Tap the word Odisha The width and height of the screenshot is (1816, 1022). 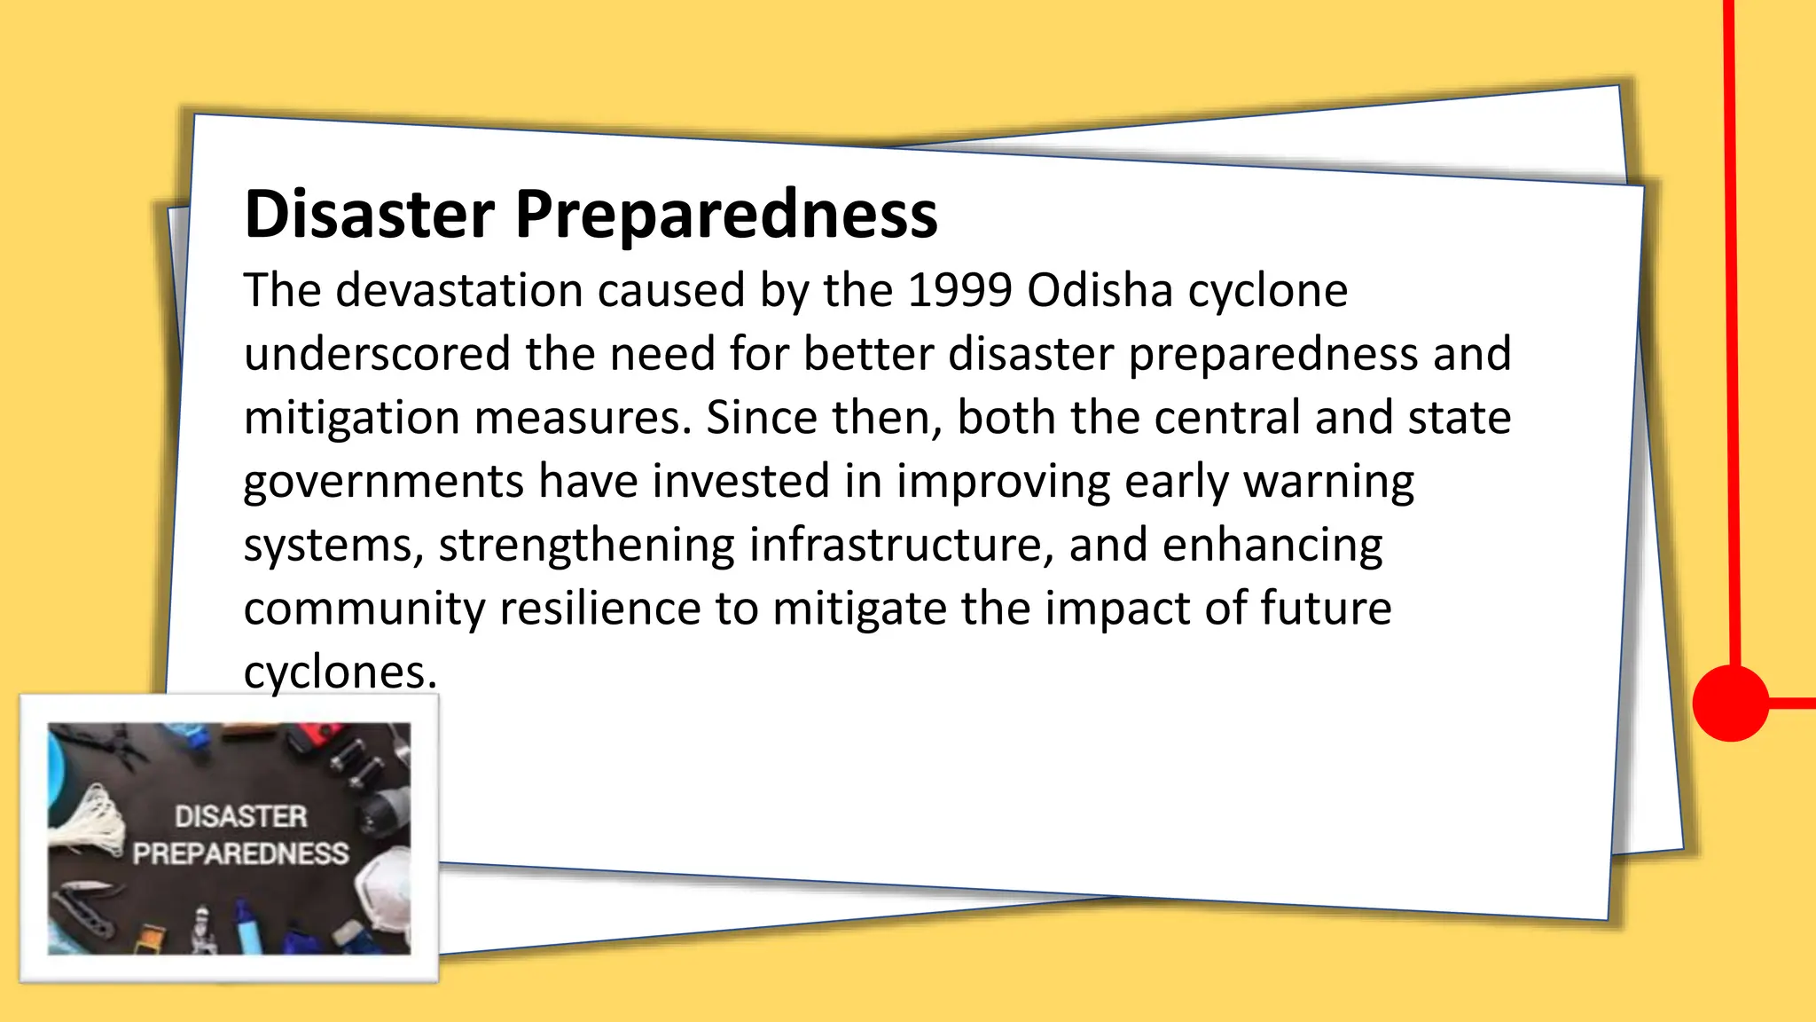[1100, 290]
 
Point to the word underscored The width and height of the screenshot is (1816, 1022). [377, 354]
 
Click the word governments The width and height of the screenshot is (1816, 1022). [383, 482]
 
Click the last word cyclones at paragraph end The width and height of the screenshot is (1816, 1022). [340, 672]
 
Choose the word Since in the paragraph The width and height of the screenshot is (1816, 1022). [762, 417]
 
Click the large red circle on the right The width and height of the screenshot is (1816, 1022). [1730, 702]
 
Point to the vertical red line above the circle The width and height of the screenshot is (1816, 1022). [1731, 337]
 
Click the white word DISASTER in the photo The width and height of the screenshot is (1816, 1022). [240, 816]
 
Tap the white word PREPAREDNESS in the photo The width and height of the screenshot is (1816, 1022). [240, 853]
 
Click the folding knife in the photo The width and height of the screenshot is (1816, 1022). [84, 900]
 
